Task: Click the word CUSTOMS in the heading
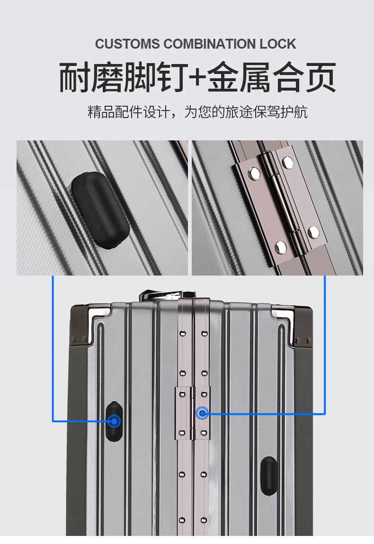tap(127, 44)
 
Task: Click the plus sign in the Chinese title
tap(198, 77)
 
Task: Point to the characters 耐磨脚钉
tap(124, 77)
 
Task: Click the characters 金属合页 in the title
tap(271, 77)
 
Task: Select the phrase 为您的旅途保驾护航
tap(246, 112)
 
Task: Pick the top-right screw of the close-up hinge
tap(288, 162)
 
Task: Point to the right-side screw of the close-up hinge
tap(314, 232)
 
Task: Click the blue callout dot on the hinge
tap(202, 413)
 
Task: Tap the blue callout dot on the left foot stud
tap(114, 422)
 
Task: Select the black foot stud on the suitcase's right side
tap(269, 476)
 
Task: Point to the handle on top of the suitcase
tap(167, 295)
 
